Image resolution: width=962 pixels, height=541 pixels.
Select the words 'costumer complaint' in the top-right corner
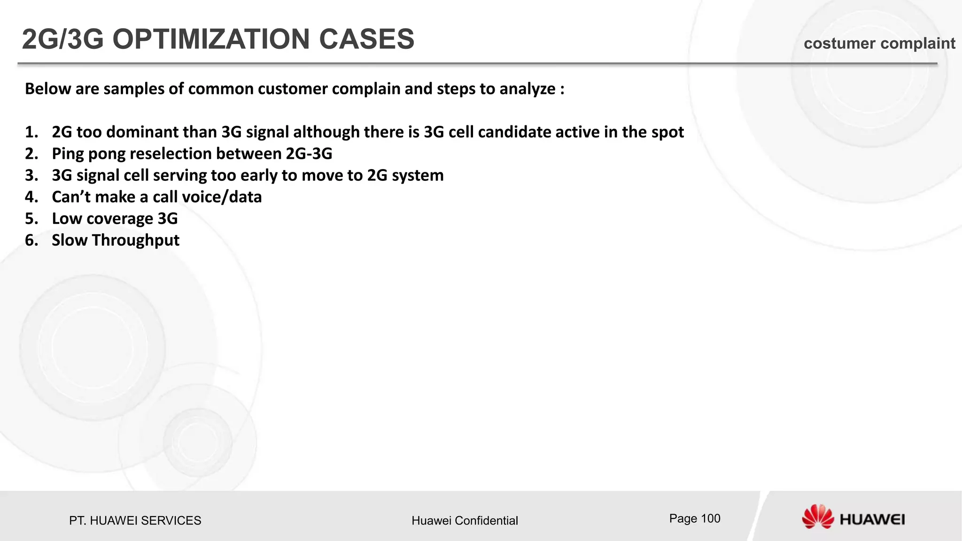(879, 44)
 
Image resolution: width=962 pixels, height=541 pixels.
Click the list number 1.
(31, 132)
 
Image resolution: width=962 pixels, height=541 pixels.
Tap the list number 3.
(31, 176)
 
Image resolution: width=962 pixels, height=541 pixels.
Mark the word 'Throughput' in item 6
(136, 240)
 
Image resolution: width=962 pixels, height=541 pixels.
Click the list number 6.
(31, 240)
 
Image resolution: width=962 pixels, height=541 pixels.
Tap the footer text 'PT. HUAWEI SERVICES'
(135, 520)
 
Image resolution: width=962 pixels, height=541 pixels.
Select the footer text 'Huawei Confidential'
(465, 520)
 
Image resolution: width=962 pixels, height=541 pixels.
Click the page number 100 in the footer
(710, 518)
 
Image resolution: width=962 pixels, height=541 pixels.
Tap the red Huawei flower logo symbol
(817, 517)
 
